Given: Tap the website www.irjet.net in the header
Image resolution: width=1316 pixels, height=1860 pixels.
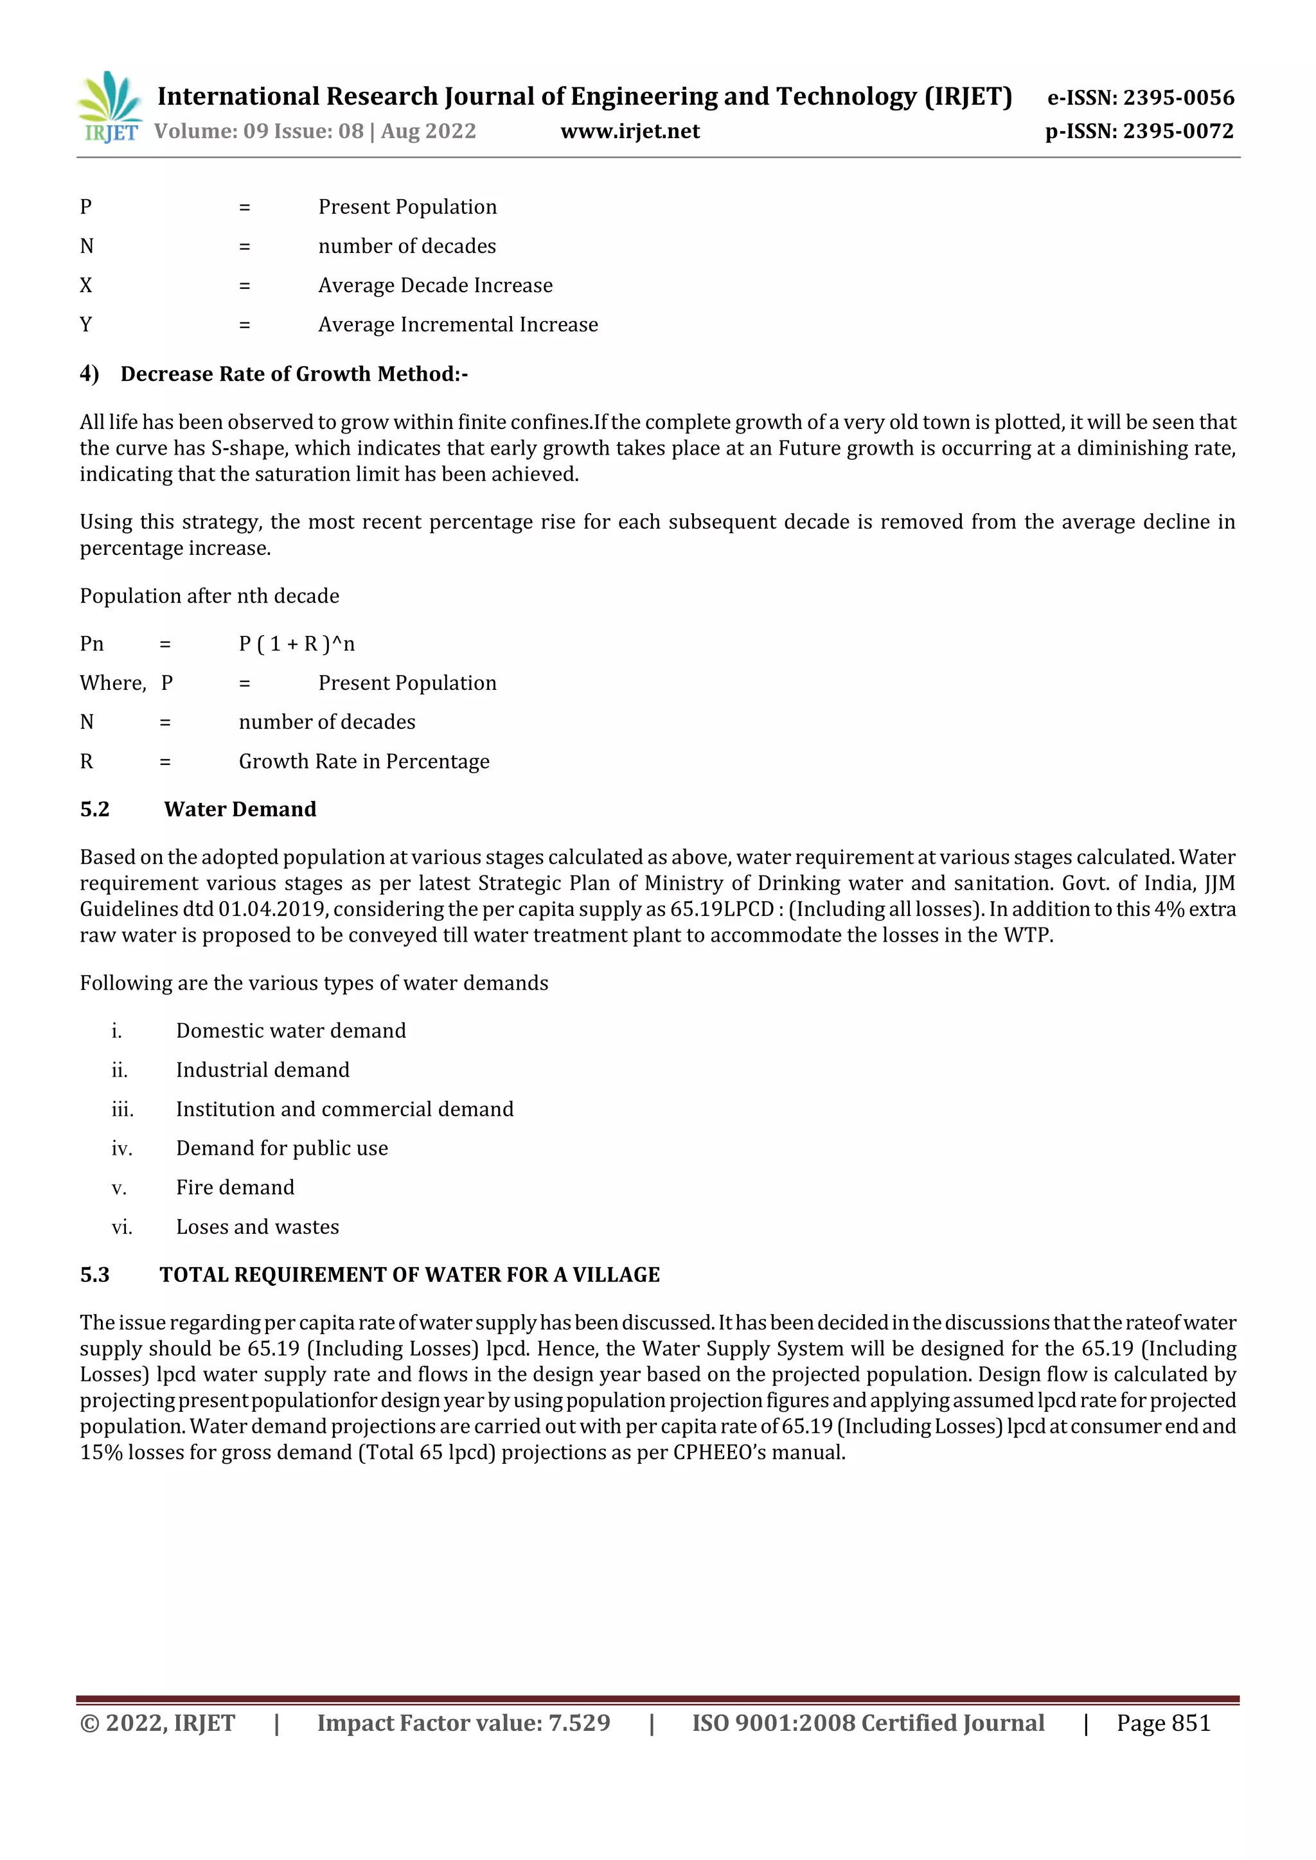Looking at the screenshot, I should click(x=630, y=131).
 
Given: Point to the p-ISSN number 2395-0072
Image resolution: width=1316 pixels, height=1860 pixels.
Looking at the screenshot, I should click(x=1178, y=131).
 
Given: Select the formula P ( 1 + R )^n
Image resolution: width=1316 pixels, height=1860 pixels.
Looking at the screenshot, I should click(x=297, y=644).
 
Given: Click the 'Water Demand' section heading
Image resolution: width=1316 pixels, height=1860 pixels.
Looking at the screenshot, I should click(x=240, y=809).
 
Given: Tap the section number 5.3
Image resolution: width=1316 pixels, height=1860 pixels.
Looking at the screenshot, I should click(x=95, y=1275).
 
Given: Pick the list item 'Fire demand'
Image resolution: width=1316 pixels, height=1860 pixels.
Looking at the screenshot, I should click(x=235, y=1188).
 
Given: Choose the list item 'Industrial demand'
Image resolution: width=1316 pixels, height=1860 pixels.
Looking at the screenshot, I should click(x=263, y=1070).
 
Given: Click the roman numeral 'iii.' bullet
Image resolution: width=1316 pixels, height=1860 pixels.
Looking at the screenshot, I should click(x=122, y=1110).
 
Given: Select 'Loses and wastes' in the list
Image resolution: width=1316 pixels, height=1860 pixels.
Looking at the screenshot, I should click(x=258, y=1227).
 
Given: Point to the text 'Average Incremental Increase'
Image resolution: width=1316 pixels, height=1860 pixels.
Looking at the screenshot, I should click(x=458, y=325).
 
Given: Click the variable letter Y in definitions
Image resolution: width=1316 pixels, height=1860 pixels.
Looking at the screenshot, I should click(x=86, y=325).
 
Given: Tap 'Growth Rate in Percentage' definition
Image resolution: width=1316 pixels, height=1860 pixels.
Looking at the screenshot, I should click(x=364, y=762).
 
